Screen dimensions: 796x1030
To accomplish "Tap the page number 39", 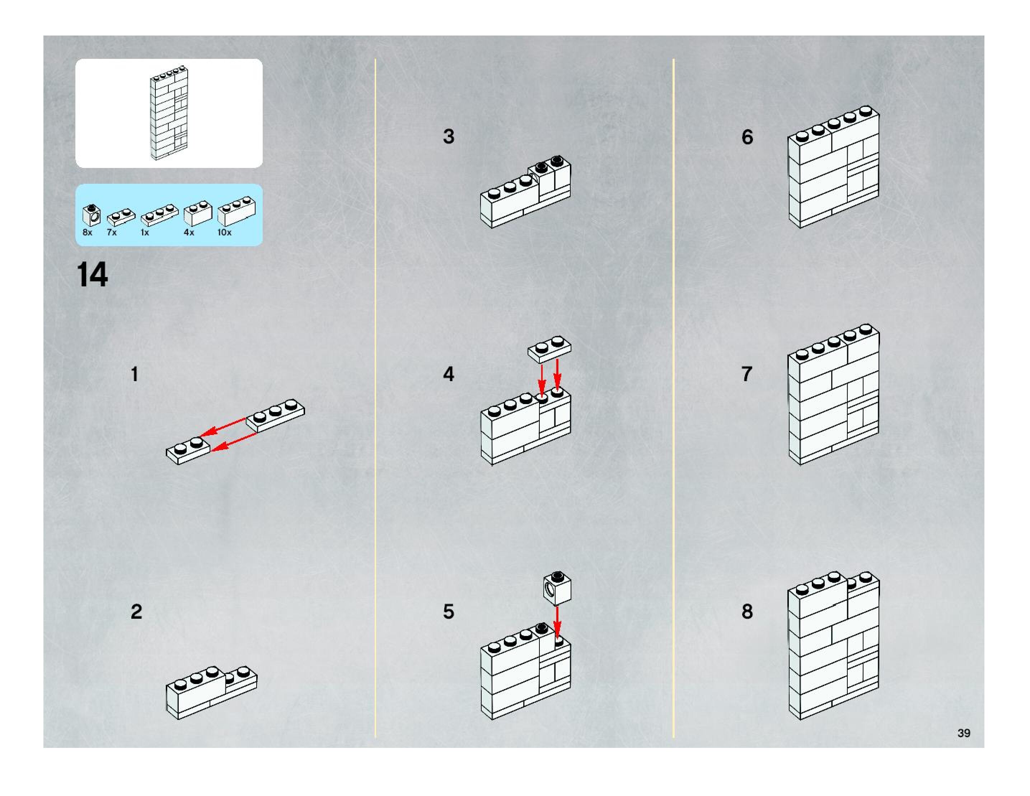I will (964, 733).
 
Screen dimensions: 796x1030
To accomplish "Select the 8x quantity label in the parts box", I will (87, 233).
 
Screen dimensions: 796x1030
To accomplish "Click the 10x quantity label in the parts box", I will (225, 233).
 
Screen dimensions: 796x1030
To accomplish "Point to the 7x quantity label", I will (112, 233).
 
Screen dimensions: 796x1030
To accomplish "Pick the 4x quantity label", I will (189, 233).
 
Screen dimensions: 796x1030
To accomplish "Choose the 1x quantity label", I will (145, 233).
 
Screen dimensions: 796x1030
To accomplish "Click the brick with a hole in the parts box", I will (92, 215).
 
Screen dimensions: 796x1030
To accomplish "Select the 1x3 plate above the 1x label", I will (159, 215).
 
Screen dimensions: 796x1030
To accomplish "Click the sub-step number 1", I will (135, 374).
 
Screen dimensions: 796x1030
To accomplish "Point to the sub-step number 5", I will (449, 612).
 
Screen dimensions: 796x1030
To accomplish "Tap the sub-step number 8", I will (747, 612).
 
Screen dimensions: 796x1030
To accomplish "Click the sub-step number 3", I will (449, 137).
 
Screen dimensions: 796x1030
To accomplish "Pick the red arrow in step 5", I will (557, 621).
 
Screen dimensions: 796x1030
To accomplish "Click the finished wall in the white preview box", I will (169, 113).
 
